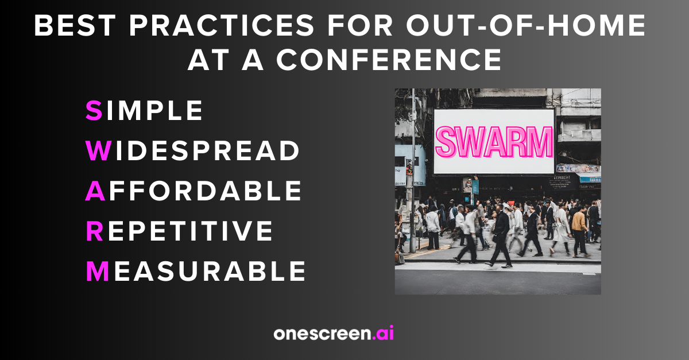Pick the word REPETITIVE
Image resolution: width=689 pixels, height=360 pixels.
pos(180,231)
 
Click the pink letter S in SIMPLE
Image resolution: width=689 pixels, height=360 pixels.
pos(94,111)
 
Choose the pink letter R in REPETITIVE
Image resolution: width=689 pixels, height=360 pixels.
pos(94,231)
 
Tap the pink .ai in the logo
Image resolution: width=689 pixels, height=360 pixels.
pos(383,334)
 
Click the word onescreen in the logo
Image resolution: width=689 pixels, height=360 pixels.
pos(322,334)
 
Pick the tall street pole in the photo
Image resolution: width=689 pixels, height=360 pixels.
pos(413,172)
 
